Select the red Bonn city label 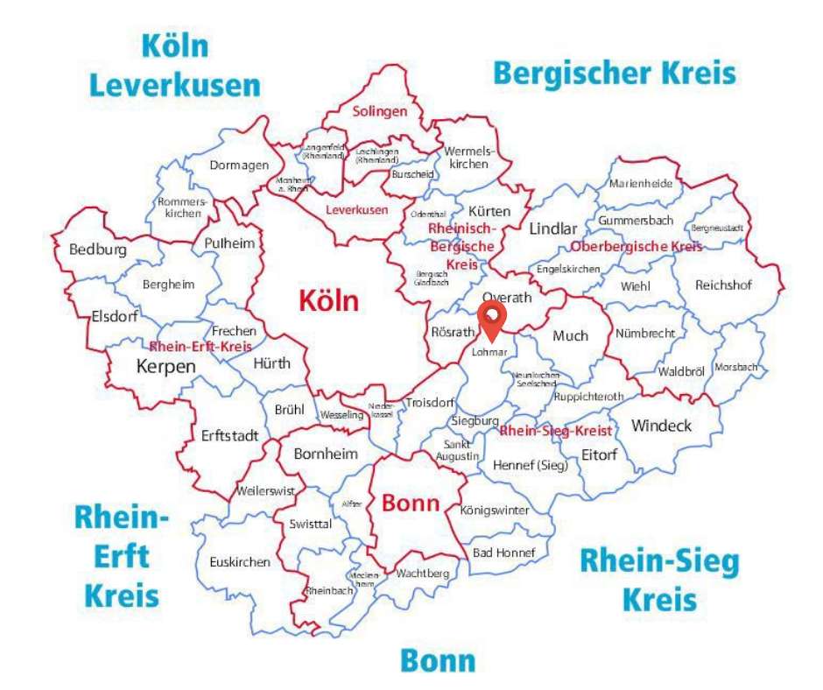pos(410,504)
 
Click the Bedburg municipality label pos(98,250)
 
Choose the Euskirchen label pos(240,562)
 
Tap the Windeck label pos(661,426)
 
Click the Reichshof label pos(723,285)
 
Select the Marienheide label pos(641,184)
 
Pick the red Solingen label pos(380,112)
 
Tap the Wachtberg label pos(422,574)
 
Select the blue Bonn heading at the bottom pos(438,660)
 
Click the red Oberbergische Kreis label pos(637,247)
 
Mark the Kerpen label pos(166,366)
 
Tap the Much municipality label pos(571,334)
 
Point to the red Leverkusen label pos(356,210)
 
